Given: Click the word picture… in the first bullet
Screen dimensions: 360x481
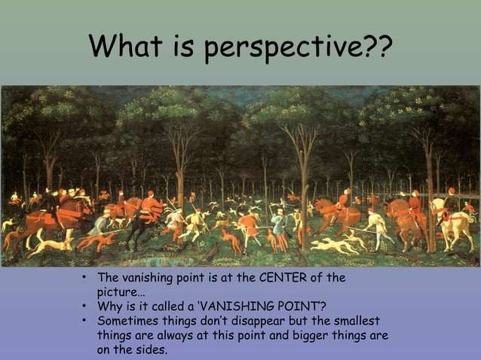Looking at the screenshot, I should point(121,291).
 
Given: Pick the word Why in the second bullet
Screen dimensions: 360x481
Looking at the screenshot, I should point(109,305).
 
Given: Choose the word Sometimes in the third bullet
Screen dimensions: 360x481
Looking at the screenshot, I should point(126,319).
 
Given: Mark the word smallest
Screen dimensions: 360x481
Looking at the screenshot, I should point(359,319).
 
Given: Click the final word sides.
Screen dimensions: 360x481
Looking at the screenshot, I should point(149,349).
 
